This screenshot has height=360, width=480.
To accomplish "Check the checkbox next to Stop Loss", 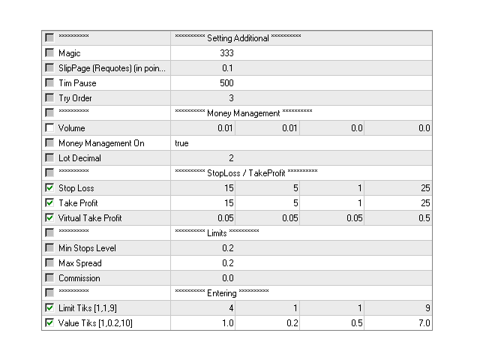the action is [x=49, y=187].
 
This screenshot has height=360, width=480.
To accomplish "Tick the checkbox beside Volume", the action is [x=49, y=127].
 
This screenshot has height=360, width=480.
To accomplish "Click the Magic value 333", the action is [x=226, y=53].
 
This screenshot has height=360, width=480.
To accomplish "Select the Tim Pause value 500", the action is [x=226, y=83].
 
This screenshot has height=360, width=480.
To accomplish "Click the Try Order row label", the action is [x=75, y=98].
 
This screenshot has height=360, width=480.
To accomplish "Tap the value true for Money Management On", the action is [x=181, y=143].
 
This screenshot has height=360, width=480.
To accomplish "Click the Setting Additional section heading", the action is [x=238, y=38].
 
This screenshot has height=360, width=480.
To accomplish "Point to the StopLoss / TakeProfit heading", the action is [x=246, y=173].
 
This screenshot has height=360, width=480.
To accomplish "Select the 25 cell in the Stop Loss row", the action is [x=425, y=188].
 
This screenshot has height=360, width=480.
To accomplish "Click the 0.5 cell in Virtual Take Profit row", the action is [x=424, y=218].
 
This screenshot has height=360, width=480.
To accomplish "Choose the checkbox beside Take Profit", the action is [x=49, y=202].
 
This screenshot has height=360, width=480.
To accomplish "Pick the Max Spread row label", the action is [x=80, y=263].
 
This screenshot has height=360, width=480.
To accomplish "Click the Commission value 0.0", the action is [x=228, y=278].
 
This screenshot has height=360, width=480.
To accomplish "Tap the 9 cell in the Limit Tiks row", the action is [x=427, y=308].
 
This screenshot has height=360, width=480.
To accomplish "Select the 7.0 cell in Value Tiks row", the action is [x=424, y=323].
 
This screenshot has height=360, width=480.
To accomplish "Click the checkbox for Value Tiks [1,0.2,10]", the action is [x=49, y=322].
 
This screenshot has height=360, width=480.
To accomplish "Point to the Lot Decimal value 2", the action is [x=231, y=158].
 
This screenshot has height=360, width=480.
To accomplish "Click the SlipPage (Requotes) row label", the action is [x=112, y=68].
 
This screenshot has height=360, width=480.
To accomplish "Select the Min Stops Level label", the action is [x=87, y=248].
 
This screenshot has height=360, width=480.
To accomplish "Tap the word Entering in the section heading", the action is [x=222, y=293].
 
